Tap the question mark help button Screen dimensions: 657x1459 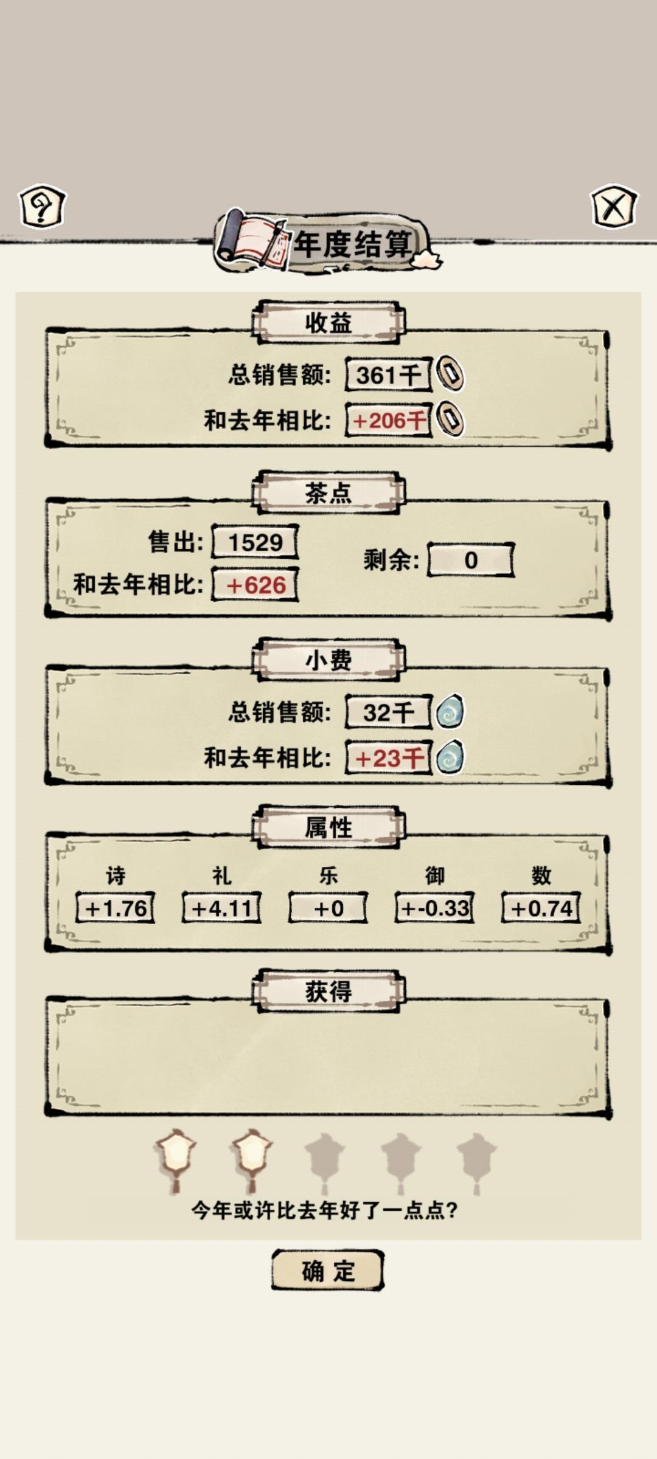point(42,207)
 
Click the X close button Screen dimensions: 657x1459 point(614,207)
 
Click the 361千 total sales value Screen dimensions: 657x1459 point(389,374)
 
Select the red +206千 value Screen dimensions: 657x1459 point(389,420)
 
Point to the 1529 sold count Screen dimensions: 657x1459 point(255,542)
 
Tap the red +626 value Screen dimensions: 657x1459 point(255,585)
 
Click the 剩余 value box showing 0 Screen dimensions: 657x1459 point(471,560)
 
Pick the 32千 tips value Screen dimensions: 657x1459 point(389,712)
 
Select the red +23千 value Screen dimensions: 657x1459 point(389,757)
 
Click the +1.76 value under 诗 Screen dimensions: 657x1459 point(116,908)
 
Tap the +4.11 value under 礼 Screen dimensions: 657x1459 point(222,908)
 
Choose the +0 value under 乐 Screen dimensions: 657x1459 point(328,908)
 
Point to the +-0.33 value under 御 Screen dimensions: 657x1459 point(435,908)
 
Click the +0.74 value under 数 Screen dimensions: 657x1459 point(541,908)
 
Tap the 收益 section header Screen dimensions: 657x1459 point(328,322)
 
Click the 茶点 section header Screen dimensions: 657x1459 point(328,492)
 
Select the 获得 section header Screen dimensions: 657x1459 point(328,991)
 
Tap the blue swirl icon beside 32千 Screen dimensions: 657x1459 point(450,712)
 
